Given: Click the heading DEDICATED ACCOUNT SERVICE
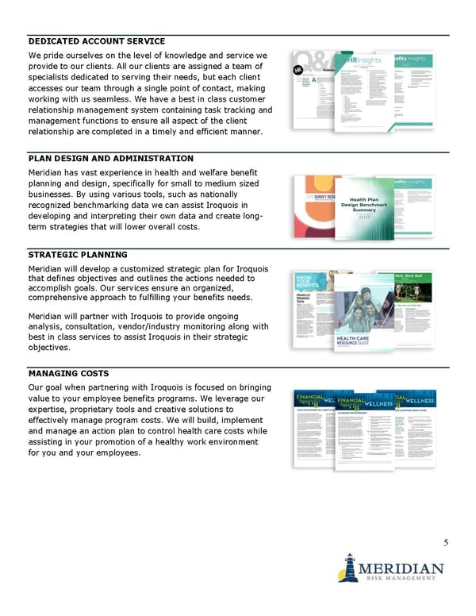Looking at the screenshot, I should click(97, 41).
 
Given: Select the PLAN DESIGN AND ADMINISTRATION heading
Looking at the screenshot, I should click(110, 159).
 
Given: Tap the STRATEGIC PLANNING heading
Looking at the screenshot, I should click(78, 255).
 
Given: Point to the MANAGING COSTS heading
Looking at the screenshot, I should click(68, 372).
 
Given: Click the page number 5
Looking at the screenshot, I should click(446, 543).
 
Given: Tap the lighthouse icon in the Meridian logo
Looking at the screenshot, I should click(347, 568).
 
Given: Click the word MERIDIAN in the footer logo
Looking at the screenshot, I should click(401, 569).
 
